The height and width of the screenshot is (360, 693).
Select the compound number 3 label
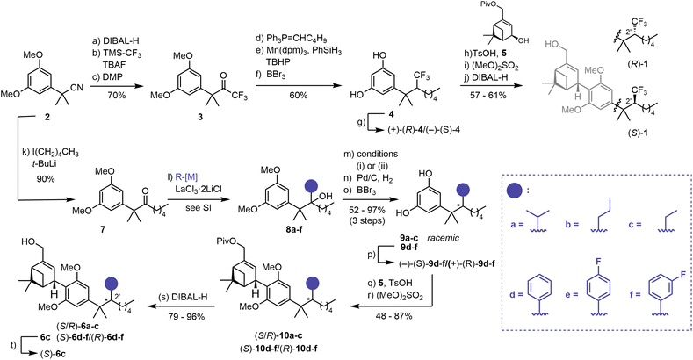click(199, 118)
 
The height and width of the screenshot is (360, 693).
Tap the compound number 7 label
click(103, 230)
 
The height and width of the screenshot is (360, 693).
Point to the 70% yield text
click(116, 95)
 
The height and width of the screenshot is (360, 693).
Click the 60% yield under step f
click(299, 95)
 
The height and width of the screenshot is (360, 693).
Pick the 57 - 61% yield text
click(488, 95)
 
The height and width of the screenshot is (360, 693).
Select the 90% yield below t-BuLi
click(46, 179)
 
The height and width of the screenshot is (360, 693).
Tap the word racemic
click(443, 238)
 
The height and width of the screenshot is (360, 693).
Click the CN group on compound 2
click(77, 89)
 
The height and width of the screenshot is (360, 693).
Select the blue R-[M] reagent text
click(187, 177)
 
